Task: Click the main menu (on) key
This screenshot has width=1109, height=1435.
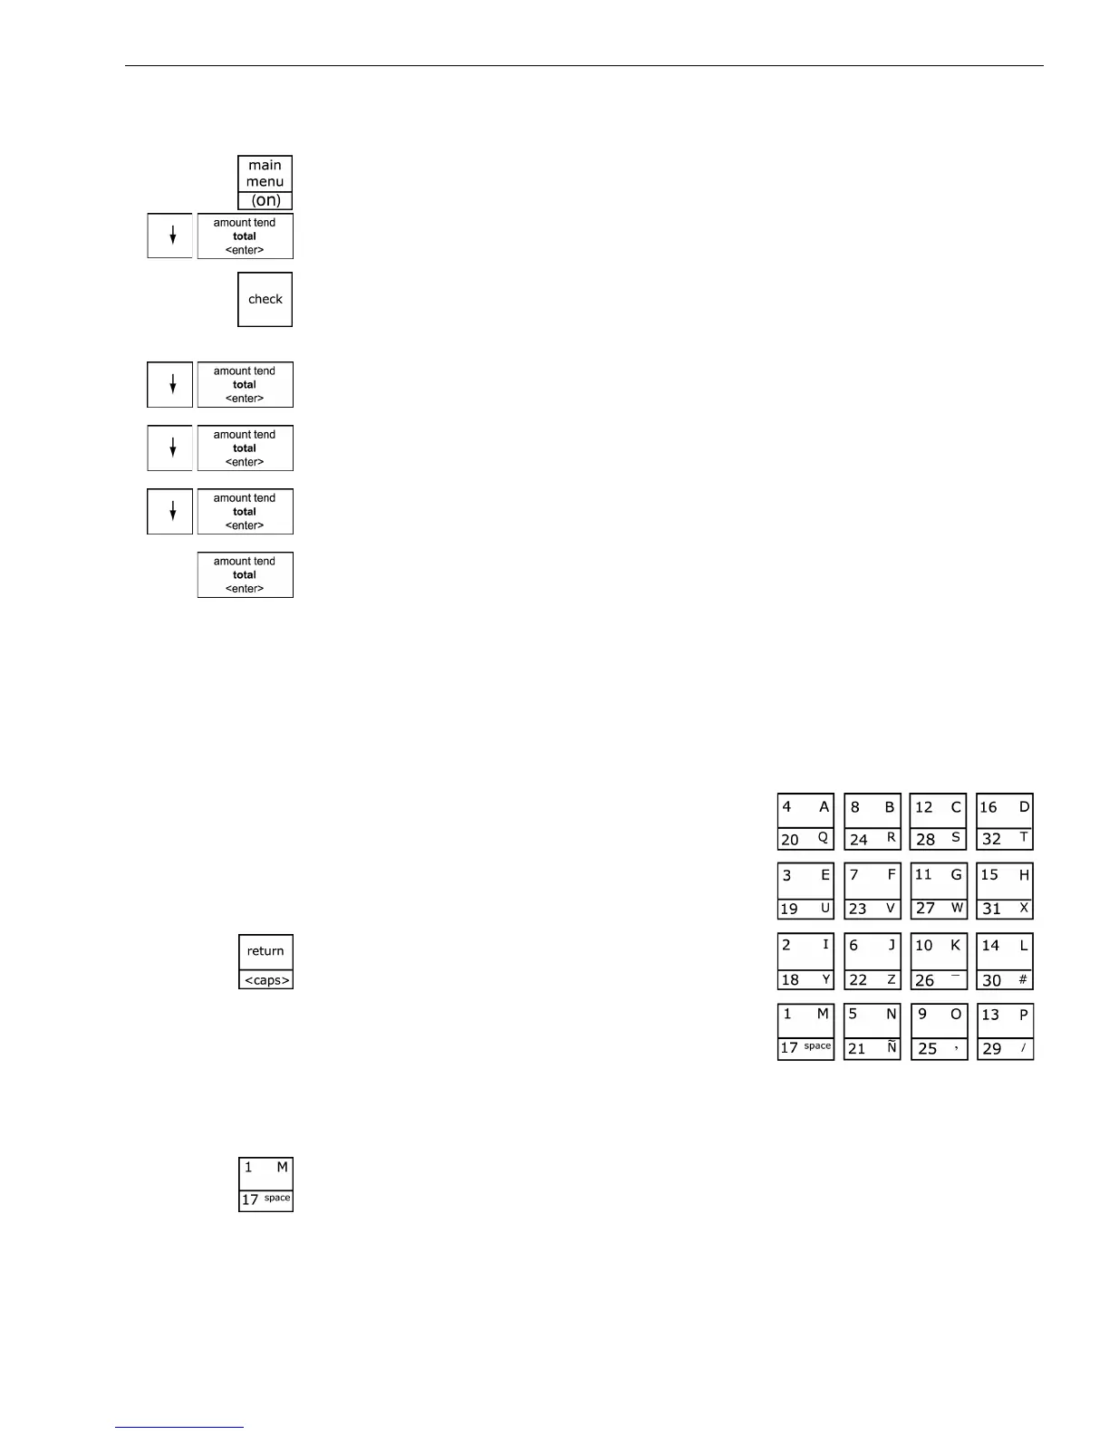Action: point(265,182)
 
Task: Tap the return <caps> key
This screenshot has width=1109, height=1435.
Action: point(265,961)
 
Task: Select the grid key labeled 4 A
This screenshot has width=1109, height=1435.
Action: point(805,822)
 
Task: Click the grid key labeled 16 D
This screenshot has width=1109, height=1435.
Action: point(1005,822)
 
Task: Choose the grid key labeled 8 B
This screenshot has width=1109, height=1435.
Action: point(872,822)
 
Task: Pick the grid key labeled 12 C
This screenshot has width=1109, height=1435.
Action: point(939,822)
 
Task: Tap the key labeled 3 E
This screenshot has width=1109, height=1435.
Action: point(805,891)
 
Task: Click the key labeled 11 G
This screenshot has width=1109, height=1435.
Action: point(939,891)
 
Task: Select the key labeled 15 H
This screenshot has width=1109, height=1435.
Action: point(1005,891)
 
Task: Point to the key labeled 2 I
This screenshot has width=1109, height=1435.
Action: point(805,961)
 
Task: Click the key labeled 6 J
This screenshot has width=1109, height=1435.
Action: point(872,961)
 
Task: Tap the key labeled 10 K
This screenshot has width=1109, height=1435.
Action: point(939,961)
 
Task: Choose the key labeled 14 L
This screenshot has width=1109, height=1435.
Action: point(1005,961)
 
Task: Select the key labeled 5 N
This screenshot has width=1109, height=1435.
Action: point(872,1031)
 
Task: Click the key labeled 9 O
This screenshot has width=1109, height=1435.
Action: point(939,1031)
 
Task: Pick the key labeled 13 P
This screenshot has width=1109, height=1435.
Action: point(1005,1031)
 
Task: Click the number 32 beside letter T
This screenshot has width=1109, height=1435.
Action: point(991,839)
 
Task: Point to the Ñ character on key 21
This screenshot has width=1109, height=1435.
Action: point(892,1047)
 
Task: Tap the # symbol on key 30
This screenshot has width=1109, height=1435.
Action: point(1023,979)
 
